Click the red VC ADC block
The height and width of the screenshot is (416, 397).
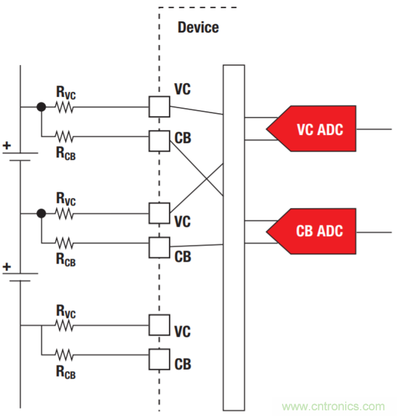click(316, 129)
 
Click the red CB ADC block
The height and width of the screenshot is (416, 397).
click(316, 230)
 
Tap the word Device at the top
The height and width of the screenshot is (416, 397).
click(198, 27)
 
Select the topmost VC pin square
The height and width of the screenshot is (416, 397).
click(159, 107)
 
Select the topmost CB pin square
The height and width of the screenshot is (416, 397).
click(159, 141)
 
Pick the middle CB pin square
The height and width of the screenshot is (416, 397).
click(159, 247)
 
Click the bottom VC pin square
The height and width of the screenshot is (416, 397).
click(159, 325)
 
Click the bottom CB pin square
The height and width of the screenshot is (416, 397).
click(159, 359)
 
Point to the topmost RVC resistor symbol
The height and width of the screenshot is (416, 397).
click(65, 107)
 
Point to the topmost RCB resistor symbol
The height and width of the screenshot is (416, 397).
click(65, 135)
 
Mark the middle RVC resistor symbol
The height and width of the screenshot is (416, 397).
click(65, 214)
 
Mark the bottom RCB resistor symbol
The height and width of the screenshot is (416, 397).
click(65, 354)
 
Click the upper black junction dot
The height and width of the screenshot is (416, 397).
click(41, 107)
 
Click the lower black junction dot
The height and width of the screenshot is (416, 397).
click(41, 214)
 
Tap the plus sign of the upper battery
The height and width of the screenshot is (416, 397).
click(7, 146)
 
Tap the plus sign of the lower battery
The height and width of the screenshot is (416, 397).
click(7, 267)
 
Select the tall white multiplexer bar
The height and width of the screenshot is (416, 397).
click(233, 237)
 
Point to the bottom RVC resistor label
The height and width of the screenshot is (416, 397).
click(66, 311)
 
